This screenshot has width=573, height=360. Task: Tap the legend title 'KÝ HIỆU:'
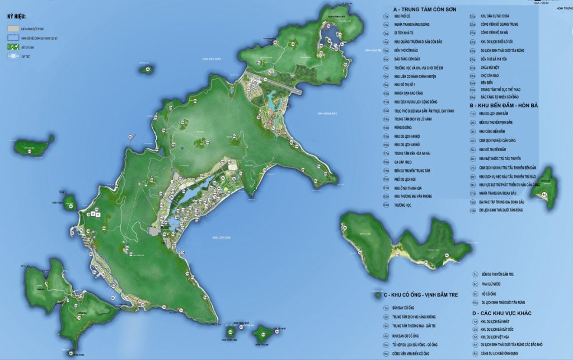17,16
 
